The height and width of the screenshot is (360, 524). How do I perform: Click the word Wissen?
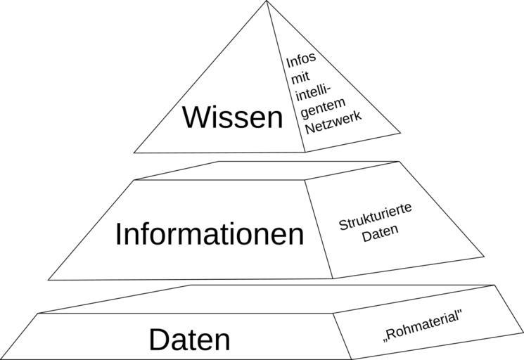click(x=232, y=117)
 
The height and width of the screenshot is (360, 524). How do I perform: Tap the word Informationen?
click(x=210, y=234)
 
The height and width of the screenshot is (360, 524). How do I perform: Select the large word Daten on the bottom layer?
click(x=189, y=340)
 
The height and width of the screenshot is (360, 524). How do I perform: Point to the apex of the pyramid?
click(x=267, y=2)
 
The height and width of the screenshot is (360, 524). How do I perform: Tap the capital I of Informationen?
click(x=119, y=234)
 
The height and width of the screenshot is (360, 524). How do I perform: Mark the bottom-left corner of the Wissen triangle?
click(x=134, y=152)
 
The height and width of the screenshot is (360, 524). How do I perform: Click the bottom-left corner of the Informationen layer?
click(x=49, y=278)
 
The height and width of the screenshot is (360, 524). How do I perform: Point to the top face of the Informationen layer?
click(x=267, y=170)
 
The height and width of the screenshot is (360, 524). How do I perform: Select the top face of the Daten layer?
click(x=267, y=299)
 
